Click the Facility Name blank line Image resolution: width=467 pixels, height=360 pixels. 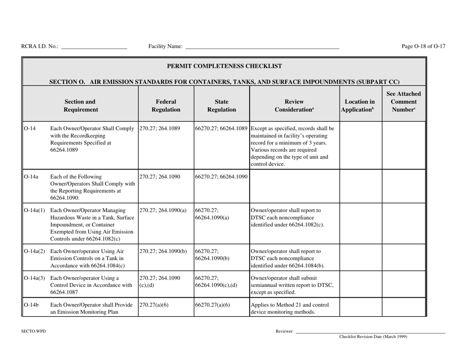(x=262, y=47)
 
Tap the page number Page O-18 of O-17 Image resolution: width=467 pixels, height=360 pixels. (x=423, y=47)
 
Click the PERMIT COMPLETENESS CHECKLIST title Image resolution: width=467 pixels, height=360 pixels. (x=225, y=65)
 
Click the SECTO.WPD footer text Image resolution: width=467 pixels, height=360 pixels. (x=33, y=332)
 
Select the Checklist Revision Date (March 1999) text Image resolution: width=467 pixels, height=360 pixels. (x=373, y=337)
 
